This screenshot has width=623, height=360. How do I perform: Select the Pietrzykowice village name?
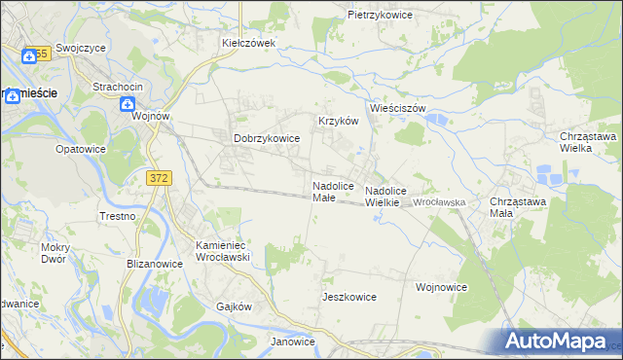[x=381, y=16]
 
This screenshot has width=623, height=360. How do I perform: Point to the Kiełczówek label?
[x=249, y=43]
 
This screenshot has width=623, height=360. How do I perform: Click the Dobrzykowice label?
[x=266, y=139]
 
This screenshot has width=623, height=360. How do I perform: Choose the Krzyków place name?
[x=339, y=121]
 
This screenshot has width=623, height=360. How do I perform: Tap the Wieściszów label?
[x=398, y=108]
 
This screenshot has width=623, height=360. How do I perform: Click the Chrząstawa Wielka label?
[x=588, y=143]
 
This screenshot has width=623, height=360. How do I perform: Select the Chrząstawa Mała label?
[x=514, y=206]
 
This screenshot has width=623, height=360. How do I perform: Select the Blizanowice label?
[x=156, y=263]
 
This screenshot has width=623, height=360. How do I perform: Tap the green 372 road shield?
[x=160, y=178]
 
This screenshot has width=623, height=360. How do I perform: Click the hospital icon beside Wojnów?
[x=128, y=104]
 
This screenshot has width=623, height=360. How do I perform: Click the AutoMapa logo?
[x=559, y=342]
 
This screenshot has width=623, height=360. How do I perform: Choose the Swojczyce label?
[x=80, y=48]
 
